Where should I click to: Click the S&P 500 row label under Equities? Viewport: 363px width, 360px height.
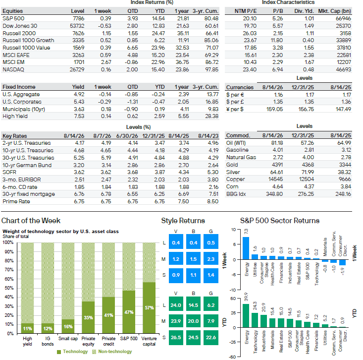(13, 18)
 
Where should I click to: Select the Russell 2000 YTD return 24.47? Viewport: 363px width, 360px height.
(158, 33)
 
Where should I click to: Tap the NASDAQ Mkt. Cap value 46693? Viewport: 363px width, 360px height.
(344, 69)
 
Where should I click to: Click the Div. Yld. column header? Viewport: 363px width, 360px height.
(304, 11)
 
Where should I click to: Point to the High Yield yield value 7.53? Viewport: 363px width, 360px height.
(79, 117)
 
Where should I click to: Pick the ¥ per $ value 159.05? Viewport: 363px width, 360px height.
(274, 109)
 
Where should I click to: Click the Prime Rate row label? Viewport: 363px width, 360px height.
(16, 201)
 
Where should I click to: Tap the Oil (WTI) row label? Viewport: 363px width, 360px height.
(236, 143)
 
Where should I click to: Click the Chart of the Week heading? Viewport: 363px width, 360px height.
(31, 221)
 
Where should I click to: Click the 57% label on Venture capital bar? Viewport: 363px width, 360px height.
(149, 308)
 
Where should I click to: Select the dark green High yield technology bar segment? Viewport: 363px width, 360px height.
(27, 328)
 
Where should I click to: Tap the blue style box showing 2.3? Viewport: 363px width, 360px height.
(211, 259)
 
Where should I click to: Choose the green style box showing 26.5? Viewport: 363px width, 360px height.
(176, 338)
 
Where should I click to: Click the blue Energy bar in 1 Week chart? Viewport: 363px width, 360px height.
(246, 248)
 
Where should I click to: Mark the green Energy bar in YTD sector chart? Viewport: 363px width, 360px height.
(246, 316)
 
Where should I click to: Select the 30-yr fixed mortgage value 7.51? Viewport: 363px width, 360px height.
(213, 194)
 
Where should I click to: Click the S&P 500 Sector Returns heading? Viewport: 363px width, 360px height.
(280, 221)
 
